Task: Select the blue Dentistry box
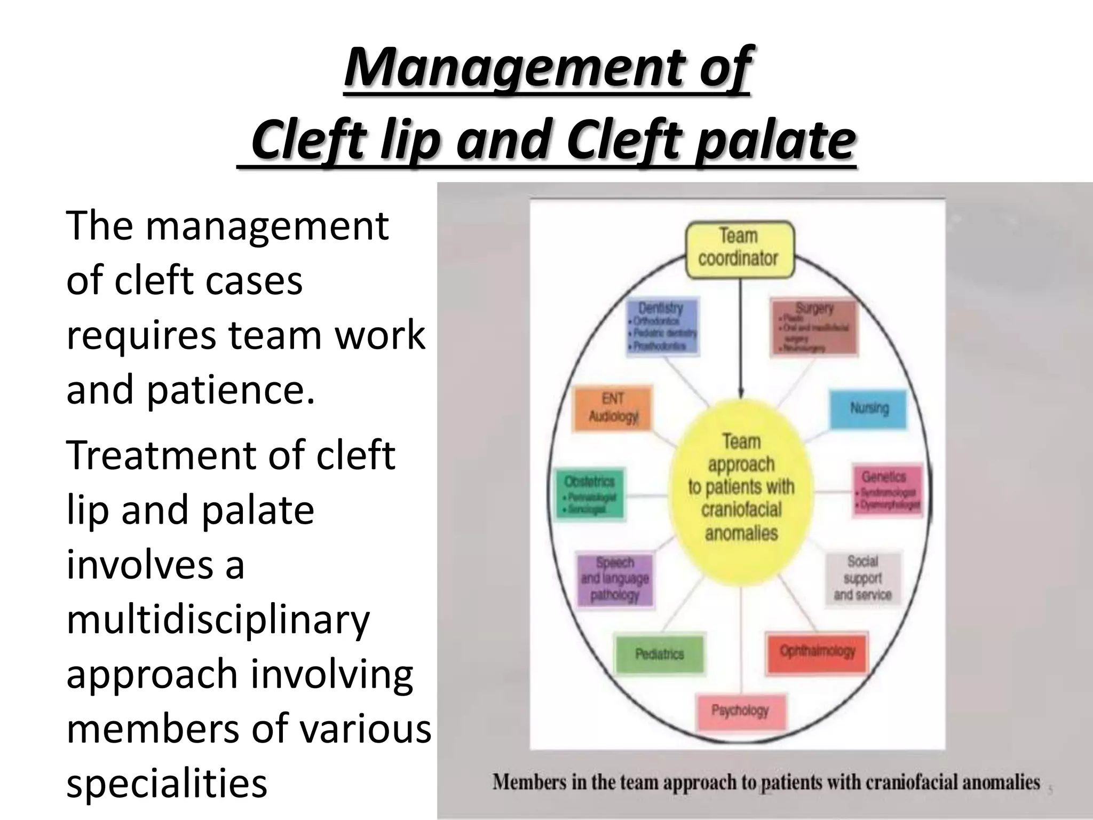(x=662, y=326)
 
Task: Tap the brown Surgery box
(x=814, y=327)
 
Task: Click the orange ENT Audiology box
(x=613, y=408)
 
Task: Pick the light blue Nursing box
(x=868, y=409)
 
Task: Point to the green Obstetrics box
(x=589, y=494)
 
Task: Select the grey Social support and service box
(x=862, y=578)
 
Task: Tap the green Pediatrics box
(x=659, y=654)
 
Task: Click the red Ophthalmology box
(x=817, y=652)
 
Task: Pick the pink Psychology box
(x=740, y=712)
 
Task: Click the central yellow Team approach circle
(x=741, y=487)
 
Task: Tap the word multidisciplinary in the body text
(x=218, y=619)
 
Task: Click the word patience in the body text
(x=229, y=389)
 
